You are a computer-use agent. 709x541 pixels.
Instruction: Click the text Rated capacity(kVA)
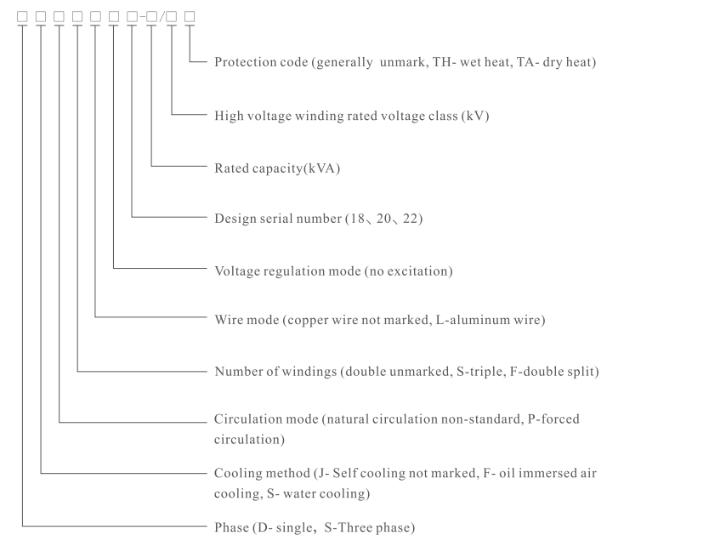(276, 168)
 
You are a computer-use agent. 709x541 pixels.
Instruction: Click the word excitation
(416, 271)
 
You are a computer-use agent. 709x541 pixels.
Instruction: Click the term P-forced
(550, 419)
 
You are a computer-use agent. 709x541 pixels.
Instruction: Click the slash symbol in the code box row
(161, 16)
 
